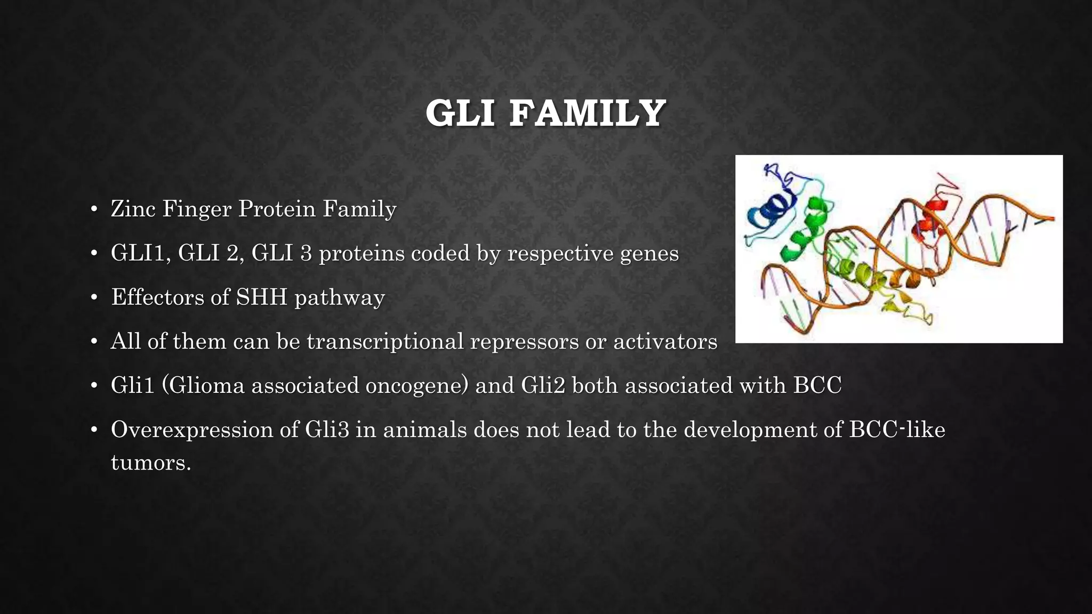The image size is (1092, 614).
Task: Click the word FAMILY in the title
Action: (x=587, y=114)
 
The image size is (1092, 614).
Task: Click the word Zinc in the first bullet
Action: (x=133, y=208)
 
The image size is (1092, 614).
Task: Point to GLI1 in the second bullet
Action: (x=141, y=253)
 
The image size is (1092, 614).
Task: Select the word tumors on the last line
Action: (x=151, y=462)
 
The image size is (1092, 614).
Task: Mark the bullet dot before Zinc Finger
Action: (x=94, y=209)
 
